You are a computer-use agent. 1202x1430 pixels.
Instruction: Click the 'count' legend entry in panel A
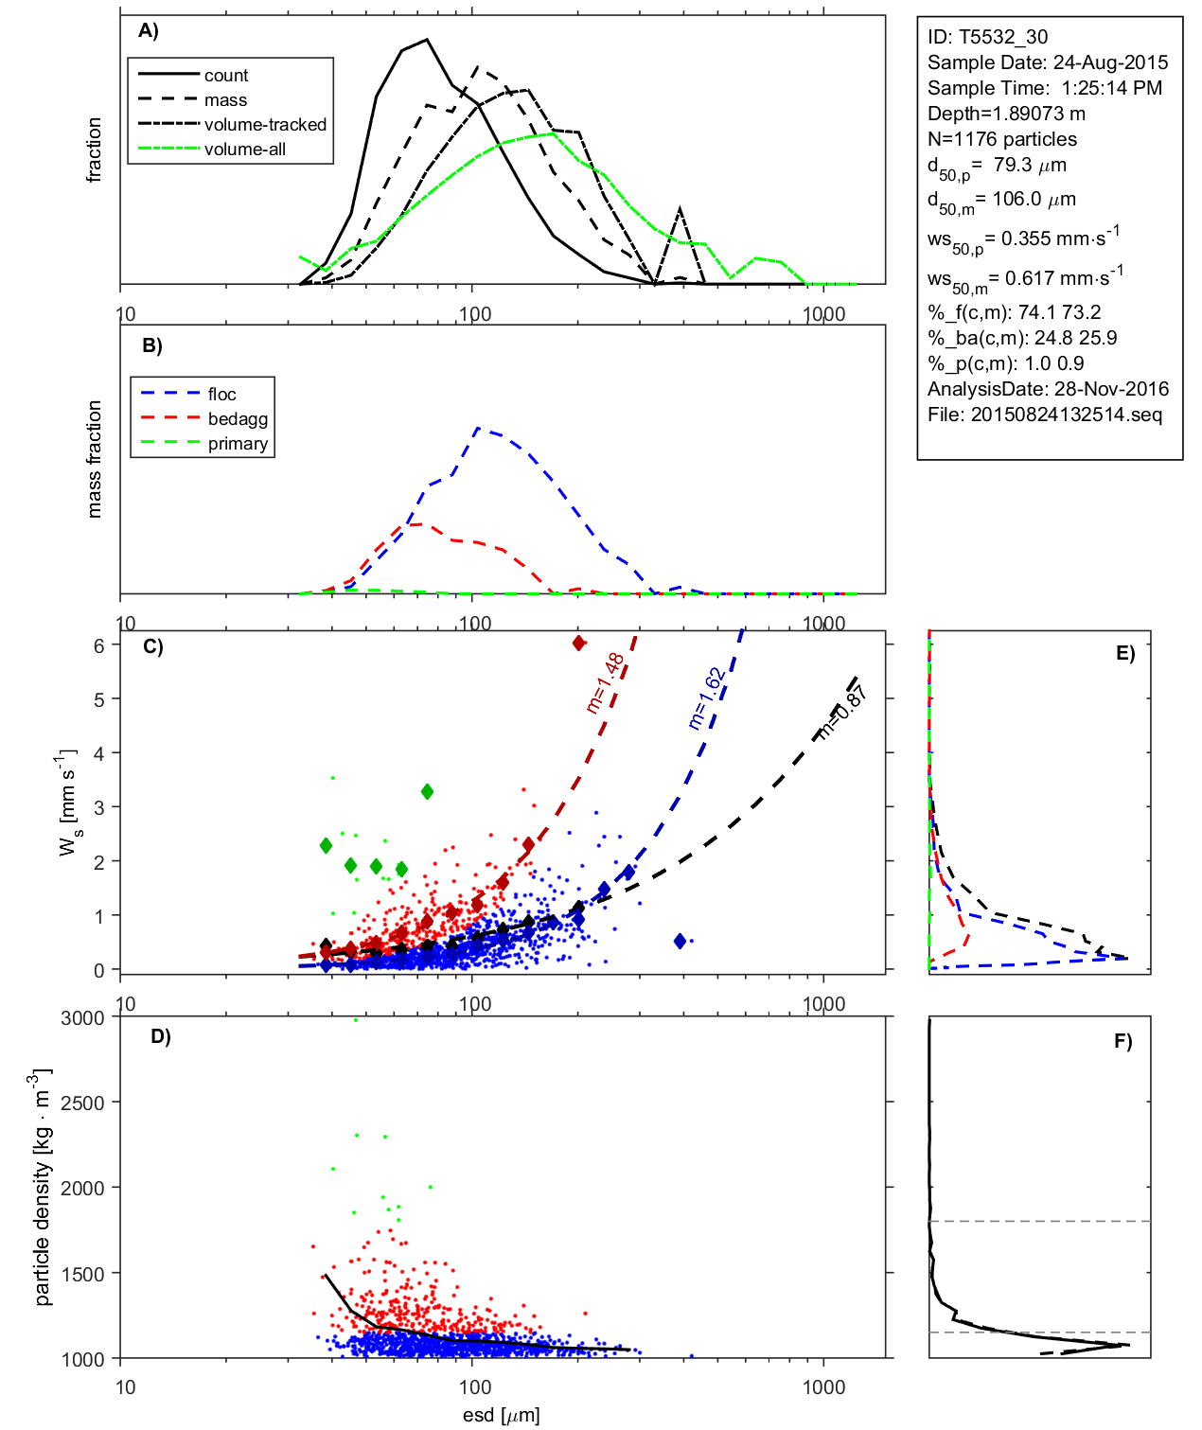pos(225,76)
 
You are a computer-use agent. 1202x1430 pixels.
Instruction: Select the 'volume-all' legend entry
pos(244,150)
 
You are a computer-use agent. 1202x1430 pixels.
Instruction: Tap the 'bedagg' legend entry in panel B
pos(238,419)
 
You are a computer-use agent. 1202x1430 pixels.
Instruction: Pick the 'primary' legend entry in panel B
pos(238,444)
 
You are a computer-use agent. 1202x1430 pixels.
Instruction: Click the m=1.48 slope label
pos(605,682)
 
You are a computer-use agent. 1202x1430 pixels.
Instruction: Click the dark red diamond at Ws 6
pos(579,644)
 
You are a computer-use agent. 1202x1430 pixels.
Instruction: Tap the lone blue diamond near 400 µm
pos(680,941)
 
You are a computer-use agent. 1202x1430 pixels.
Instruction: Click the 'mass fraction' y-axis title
pos(95,459)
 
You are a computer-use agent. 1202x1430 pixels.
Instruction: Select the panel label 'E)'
pos(1124,653)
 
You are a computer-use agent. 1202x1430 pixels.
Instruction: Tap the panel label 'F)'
pos(1122,1042)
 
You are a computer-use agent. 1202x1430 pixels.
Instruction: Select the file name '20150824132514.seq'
pos(1067,415)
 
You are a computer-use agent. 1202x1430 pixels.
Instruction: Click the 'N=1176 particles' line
pos(1001,139)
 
